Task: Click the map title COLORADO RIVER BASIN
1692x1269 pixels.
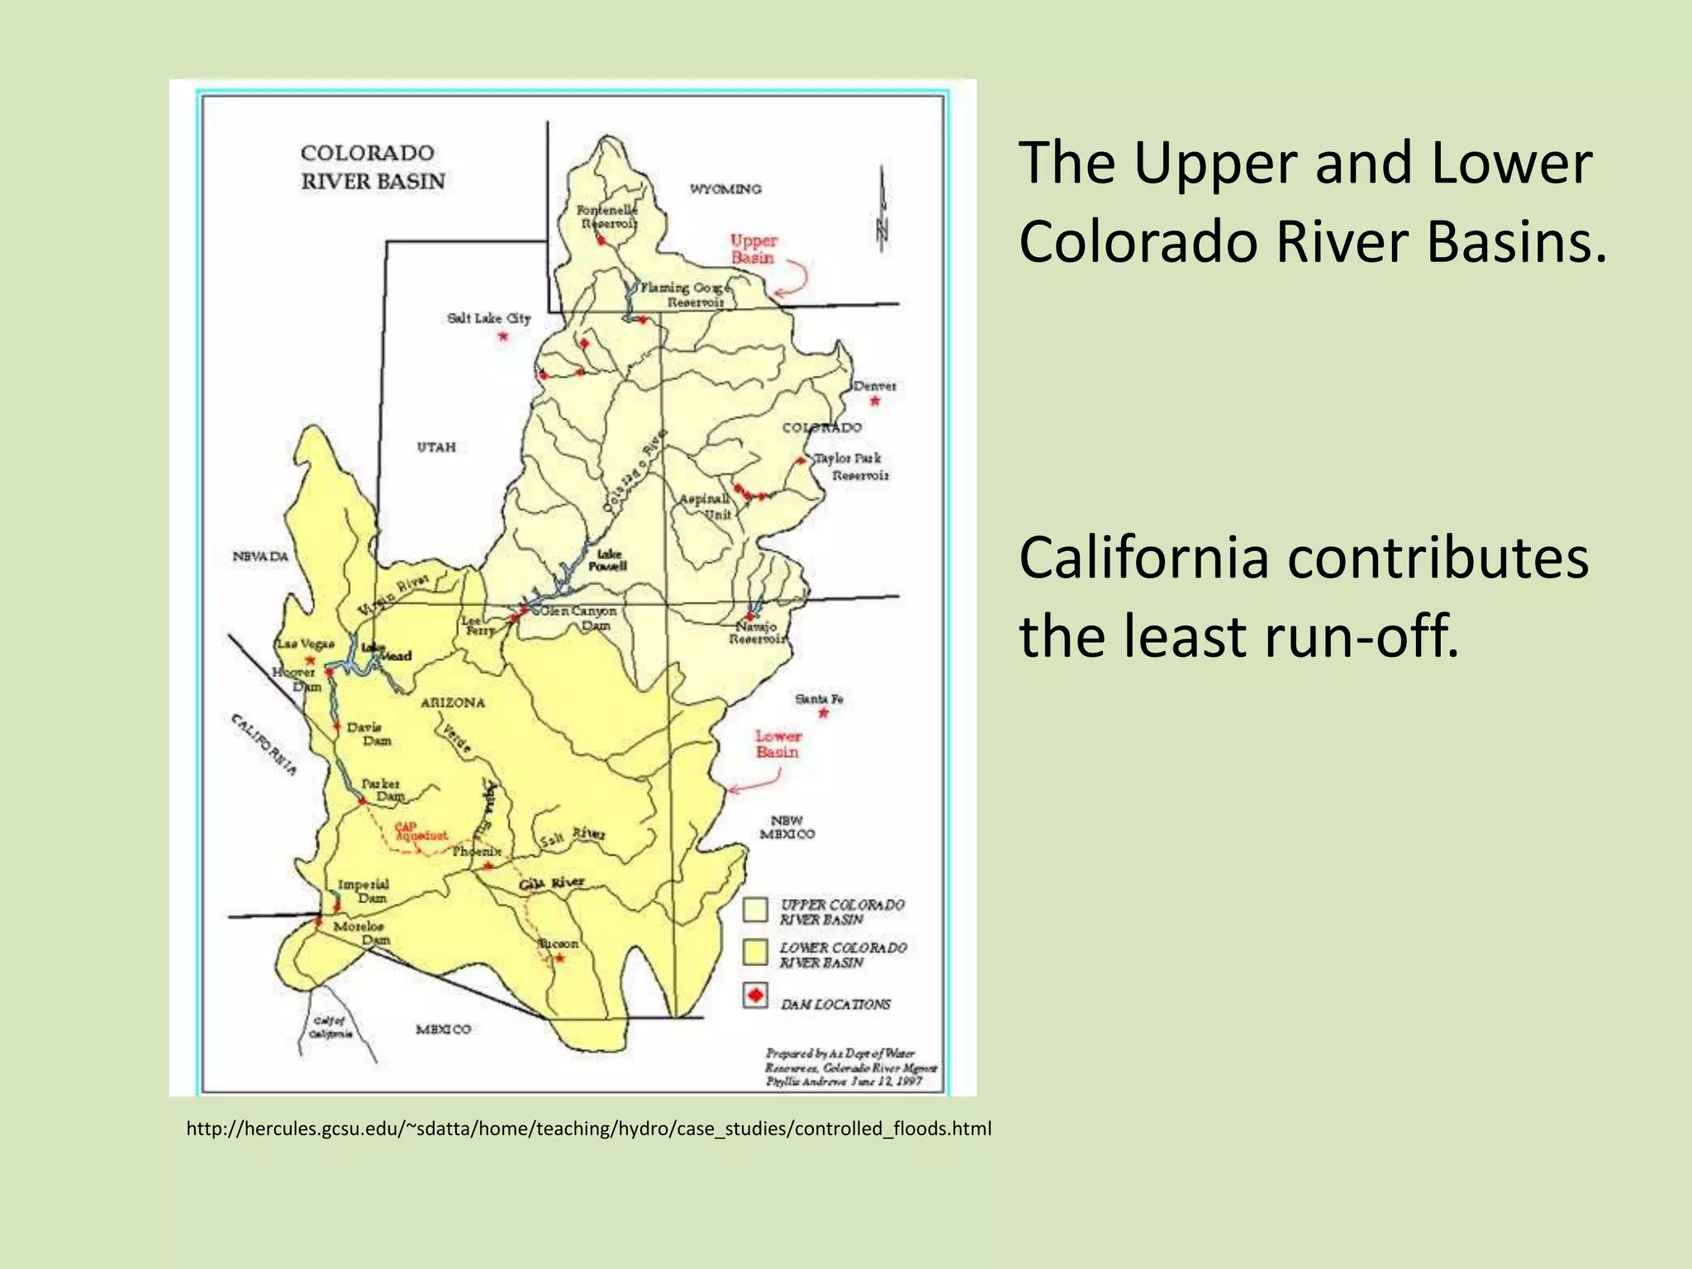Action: tap(373, 167)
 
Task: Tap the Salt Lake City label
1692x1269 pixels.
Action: tap(488, 318)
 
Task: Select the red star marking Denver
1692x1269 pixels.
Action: tap(875, 402)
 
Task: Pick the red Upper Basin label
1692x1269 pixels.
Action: tap(753, 249)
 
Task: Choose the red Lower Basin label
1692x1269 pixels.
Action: tap(777, 744)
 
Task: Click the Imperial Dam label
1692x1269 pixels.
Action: tap(364, 891)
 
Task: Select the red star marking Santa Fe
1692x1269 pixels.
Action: tap(823, 713)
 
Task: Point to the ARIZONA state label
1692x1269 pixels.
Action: tap(453, 703)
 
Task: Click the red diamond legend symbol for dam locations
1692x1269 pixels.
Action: tap(755, 995)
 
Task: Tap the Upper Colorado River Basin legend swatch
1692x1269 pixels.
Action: tap(755, 910)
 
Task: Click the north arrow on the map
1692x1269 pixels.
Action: tap(882, 211)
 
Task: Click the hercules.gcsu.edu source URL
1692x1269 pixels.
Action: tap(588, 1129)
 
